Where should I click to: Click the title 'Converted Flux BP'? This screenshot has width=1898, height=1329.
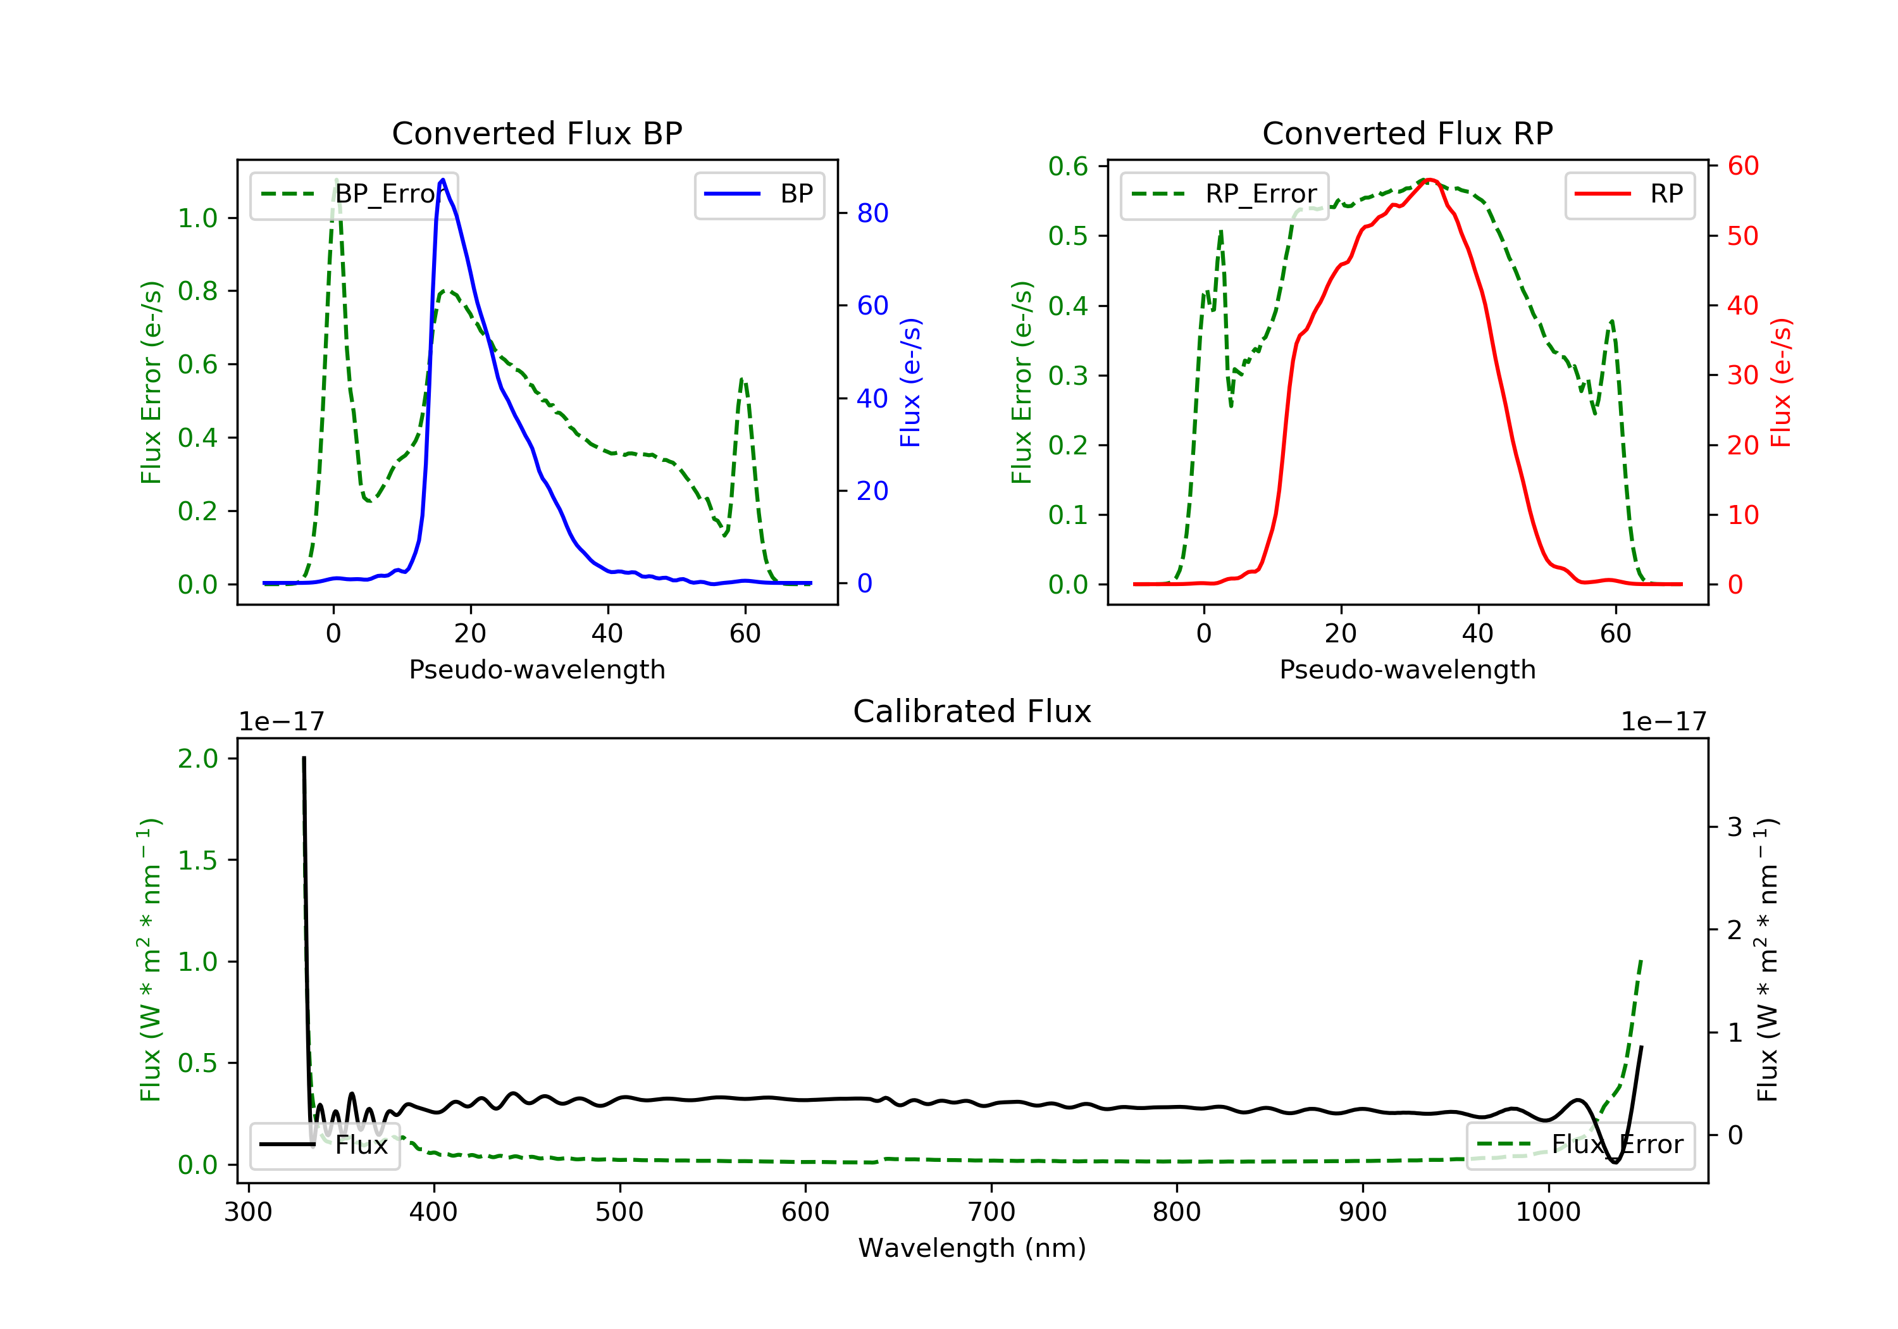tap(537, 133)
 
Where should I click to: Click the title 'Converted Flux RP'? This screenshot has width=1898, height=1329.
tap(1407, 133)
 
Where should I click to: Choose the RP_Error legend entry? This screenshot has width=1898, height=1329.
tap(1224, 194)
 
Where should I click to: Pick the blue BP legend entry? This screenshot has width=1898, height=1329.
tap(759, 194)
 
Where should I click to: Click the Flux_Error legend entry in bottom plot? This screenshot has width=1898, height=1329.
tap(1580, 1145)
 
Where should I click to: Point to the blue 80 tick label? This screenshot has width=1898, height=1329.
tap(872, 213)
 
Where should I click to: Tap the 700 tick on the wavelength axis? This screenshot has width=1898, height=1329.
tap(991, 1213)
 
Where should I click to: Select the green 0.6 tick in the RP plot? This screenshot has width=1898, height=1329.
tap(1068, 166)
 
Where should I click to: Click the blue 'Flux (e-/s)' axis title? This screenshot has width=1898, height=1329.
tap(910, 383)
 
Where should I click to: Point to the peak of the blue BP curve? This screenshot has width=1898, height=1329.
tap(443, 180)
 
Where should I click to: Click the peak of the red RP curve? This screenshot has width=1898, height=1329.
tap(1429, 180)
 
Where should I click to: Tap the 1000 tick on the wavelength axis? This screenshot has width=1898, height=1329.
tap(1548, 1213)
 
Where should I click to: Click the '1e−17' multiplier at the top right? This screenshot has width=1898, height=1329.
tap(1663, 722)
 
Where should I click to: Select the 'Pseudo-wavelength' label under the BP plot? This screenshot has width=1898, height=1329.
tap(537, 669)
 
